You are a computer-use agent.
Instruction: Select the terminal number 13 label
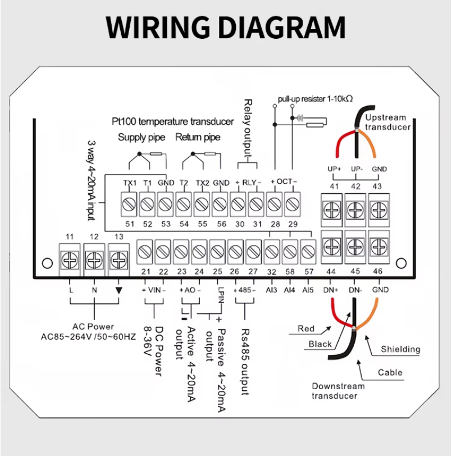point(118,236)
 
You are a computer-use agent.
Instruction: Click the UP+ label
point(334,169)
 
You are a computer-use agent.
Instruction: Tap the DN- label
point(355,290)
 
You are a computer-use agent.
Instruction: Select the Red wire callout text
point(306,329)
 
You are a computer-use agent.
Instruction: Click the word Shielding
point(400,349)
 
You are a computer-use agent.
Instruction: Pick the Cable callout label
point(390,372)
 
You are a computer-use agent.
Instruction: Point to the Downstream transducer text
point(338,391)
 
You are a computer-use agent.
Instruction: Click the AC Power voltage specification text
point(89,337)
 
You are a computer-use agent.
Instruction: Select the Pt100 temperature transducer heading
point(172,121)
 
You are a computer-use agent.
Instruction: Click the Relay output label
point(248,128)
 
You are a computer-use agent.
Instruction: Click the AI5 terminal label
point(308,290)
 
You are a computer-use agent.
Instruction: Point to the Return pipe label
point(198,138)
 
